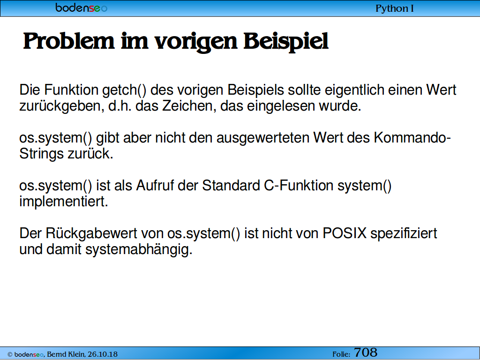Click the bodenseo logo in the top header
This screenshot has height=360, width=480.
click(x=81, y=7)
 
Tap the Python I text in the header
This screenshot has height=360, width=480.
click(x=394, y=8)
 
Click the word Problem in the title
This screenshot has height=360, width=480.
click(x=68, y=41)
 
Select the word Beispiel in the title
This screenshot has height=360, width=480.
click(x=286, y=42)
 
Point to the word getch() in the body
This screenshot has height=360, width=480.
click(x=124, y=90)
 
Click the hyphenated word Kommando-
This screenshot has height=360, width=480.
click(x=412, y=137)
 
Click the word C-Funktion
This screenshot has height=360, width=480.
click(x=299, y=186)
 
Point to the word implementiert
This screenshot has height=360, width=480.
click(x=64, y=202)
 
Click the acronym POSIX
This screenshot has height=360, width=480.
click(x=345, y=233)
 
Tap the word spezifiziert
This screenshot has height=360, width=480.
click(x=404, y=234)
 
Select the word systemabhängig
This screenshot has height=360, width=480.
click(x=139, y=250)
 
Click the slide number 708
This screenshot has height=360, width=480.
click(x=366, y=352)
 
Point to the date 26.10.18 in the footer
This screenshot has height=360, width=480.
click(x=103, y=354)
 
